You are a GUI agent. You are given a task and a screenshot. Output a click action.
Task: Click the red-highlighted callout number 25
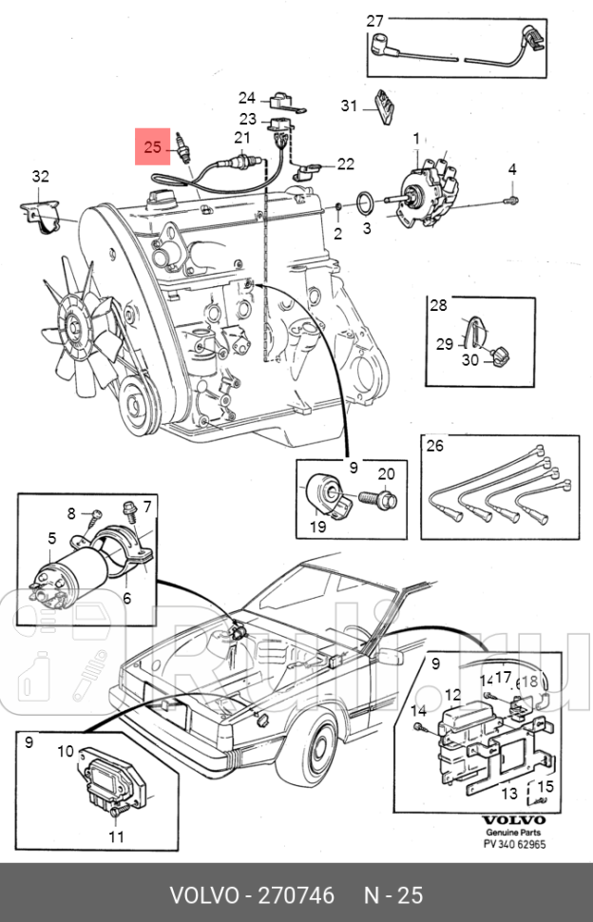coord(153,147)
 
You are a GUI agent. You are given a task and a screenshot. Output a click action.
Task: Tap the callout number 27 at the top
coord(375,21)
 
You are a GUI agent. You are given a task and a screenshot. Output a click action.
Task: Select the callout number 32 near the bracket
coord(39,176)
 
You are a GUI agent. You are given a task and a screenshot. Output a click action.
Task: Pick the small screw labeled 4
coord(511,201)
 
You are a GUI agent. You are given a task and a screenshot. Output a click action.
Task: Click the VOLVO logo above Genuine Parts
coord(514,819)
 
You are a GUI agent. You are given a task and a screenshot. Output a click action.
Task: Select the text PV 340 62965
coord(514,844)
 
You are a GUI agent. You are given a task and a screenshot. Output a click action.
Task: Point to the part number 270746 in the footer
coord(290,895)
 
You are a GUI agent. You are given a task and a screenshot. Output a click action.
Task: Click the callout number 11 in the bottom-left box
coord(115,837)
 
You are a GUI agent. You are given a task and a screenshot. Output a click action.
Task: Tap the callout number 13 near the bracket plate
coord(509,793)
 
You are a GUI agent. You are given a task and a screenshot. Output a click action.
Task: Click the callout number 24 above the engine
coord(247,98)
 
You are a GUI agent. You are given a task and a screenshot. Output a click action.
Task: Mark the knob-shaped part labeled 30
coord(499,356)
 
